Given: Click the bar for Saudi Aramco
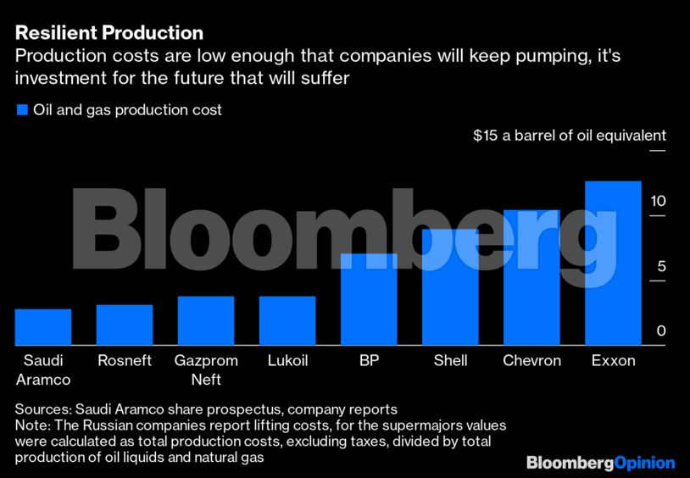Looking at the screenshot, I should (43, 327).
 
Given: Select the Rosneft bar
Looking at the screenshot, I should (125, 325).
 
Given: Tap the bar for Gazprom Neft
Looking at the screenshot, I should (206, 320).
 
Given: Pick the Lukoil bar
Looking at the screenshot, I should (287, 320).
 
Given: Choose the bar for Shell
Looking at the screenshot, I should (450, 287).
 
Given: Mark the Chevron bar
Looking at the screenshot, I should (531, 277).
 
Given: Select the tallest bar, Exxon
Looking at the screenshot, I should (613, 263).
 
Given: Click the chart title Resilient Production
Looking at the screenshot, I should (109, 33).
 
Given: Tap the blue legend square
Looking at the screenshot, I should (22, 110).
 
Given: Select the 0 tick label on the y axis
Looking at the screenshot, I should (661, 331).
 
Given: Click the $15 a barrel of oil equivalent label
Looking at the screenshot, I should (569, 136).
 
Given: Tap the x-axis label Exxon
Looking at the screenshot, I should (613, 361).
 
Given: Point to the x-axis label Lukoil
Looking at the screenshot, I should (287, 361).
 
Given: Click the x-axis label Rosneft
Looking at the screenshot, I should (125, 361).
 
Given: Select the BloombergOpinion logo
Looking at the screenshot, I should (600, 463).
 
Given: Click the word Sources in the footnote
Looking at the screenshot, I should (43, 409).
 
